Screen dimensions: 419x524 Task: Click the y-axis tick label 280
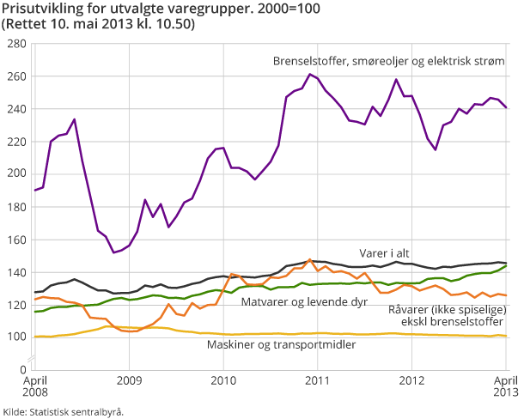pyautogui.click(x=15, y=44)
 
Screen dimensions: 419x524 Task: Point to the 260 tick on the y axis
pyautogui.click(x=15, y=76)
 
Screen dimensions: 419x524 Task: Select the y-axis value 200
pyautogui.click(x=15, y=173)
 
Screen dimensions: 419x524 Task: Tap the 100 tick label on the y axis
pyautogui.click(x=15, y=336)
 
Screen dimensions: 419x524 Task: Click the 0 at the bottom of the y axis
pyautogui.click(x=23, y=368)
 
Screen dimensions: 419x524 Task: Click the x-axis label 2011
pyautogui.click(x=319, y=380)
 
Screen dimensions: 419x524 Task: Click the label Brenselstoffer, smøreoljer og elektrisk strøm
pyautogui.click(x=388, y=62)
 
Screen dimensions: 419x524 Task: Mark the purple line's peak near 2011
pyautogui.click(x=310, y=74)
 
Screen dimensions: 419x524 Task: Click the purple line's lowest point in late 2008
pyautogui.click(x=113, y=252)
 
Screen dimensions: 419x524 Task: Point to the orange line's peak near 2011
pyautogui.click(x=309, y=259)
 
